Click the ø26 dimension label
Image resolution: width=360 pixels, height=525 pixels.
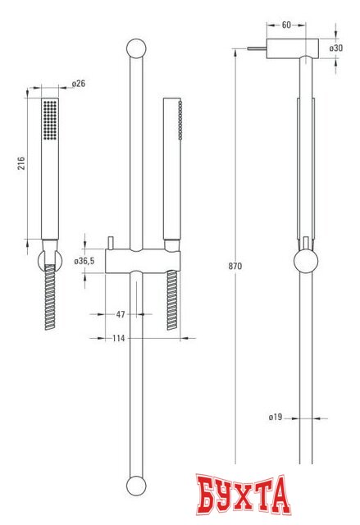pyautogui.click(x=79, y=84)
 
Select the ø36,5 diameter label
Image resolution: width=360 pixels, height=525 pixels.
pyautogui.click(x=85, y=260)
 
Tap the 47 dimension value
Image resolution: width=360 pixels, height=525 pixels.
pyautogui.click(x=120, y=314)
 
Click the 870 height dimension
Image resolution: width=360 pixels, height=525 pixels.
pyautogui.click(x=236, y=267)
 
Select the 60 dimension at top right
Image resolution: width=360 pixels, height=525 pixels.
pyautogui.click(x=285, y=25)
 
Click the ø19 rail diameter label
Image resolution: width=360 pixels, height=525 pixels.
pyautogui.click(x=276, y=418)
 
